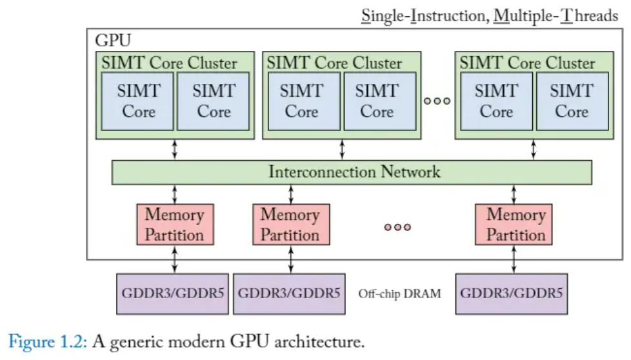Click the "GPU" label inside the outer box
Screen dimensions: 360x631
113,41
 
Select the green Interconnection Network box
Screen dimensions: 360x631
352,172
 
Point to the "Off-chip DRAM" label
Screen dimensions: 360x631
399,294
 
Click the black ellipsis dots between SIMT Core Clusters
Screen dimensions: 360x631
437,101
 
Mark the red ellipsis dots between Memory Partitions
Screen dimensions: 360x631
397,226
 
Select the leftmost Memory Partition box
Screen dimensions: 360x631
174,224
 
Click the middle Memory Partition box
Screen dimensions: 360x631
290,224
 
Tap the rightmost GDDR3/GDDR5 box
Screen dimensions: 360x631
512,294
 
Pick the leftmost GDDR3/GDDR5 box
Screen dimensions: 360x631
172,294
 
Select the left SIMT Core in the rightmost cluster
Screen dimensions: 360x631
496,101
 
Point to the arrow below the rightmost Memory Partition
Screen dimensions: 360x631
514,258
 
